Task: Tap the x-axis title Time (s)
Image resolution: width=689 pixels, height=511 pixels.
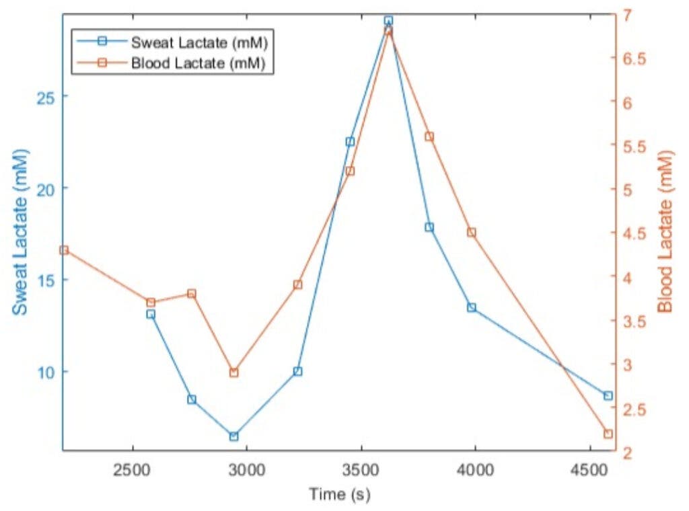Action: [x=340, y=495]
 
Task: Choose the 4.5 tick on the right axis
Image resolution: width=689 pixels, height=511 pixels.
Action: [x=637, y=233]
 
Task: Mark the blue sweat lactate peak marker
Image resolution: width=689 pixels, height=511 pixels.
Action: [x=388, y=21]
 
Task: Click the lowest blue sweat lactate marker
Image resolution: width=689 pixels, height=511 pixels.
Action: [x=233, y=436]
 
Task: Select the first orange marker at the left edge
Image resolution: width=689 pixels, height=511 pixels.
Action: [x=64, y=250]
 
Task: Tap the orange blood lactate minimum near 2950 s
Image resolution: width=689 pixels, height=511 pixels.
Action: [x=233, y=372]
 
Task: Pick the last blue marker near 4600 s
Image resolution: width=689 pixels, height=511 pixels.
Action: [x=608, y=396]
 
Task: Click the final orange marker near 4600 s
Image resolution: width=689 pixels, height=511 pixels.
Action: [x=608, y=434]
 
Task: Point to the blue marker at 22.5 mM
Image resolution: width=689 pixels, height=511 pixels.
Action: [x=350, y=142]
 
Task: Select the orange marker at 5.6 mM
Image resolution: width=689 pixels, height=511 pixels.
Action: [x=429, y=136]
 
